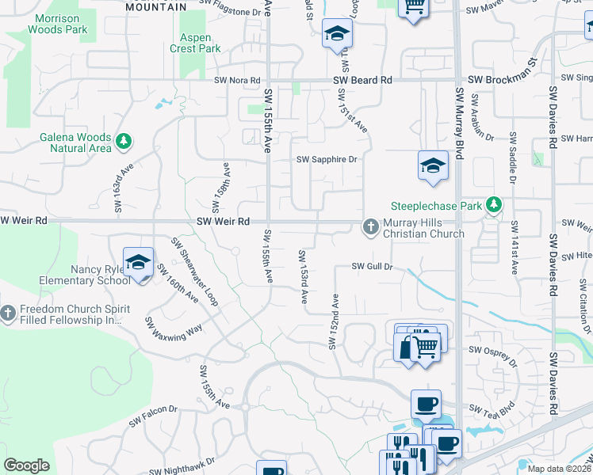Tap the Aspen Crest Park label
(x=195, y=43)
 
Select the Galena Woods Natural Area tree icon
(x=123, y=142)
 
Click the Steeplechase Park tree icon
(x=495, y=205)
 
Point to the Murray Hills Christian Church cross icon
(x=370, y=228)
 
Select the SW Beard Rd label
(x=363, y=80)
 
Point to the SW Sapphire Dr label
(x=327, y=159)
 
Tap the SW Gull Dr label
(x=372, y=267)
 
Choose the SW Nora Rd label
(x=237, y=81)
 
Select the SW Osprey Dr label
(x=492, y=349)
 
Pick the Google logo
(x=26, y=465)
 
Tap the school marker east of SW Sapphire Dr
(x=433, y=166)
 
